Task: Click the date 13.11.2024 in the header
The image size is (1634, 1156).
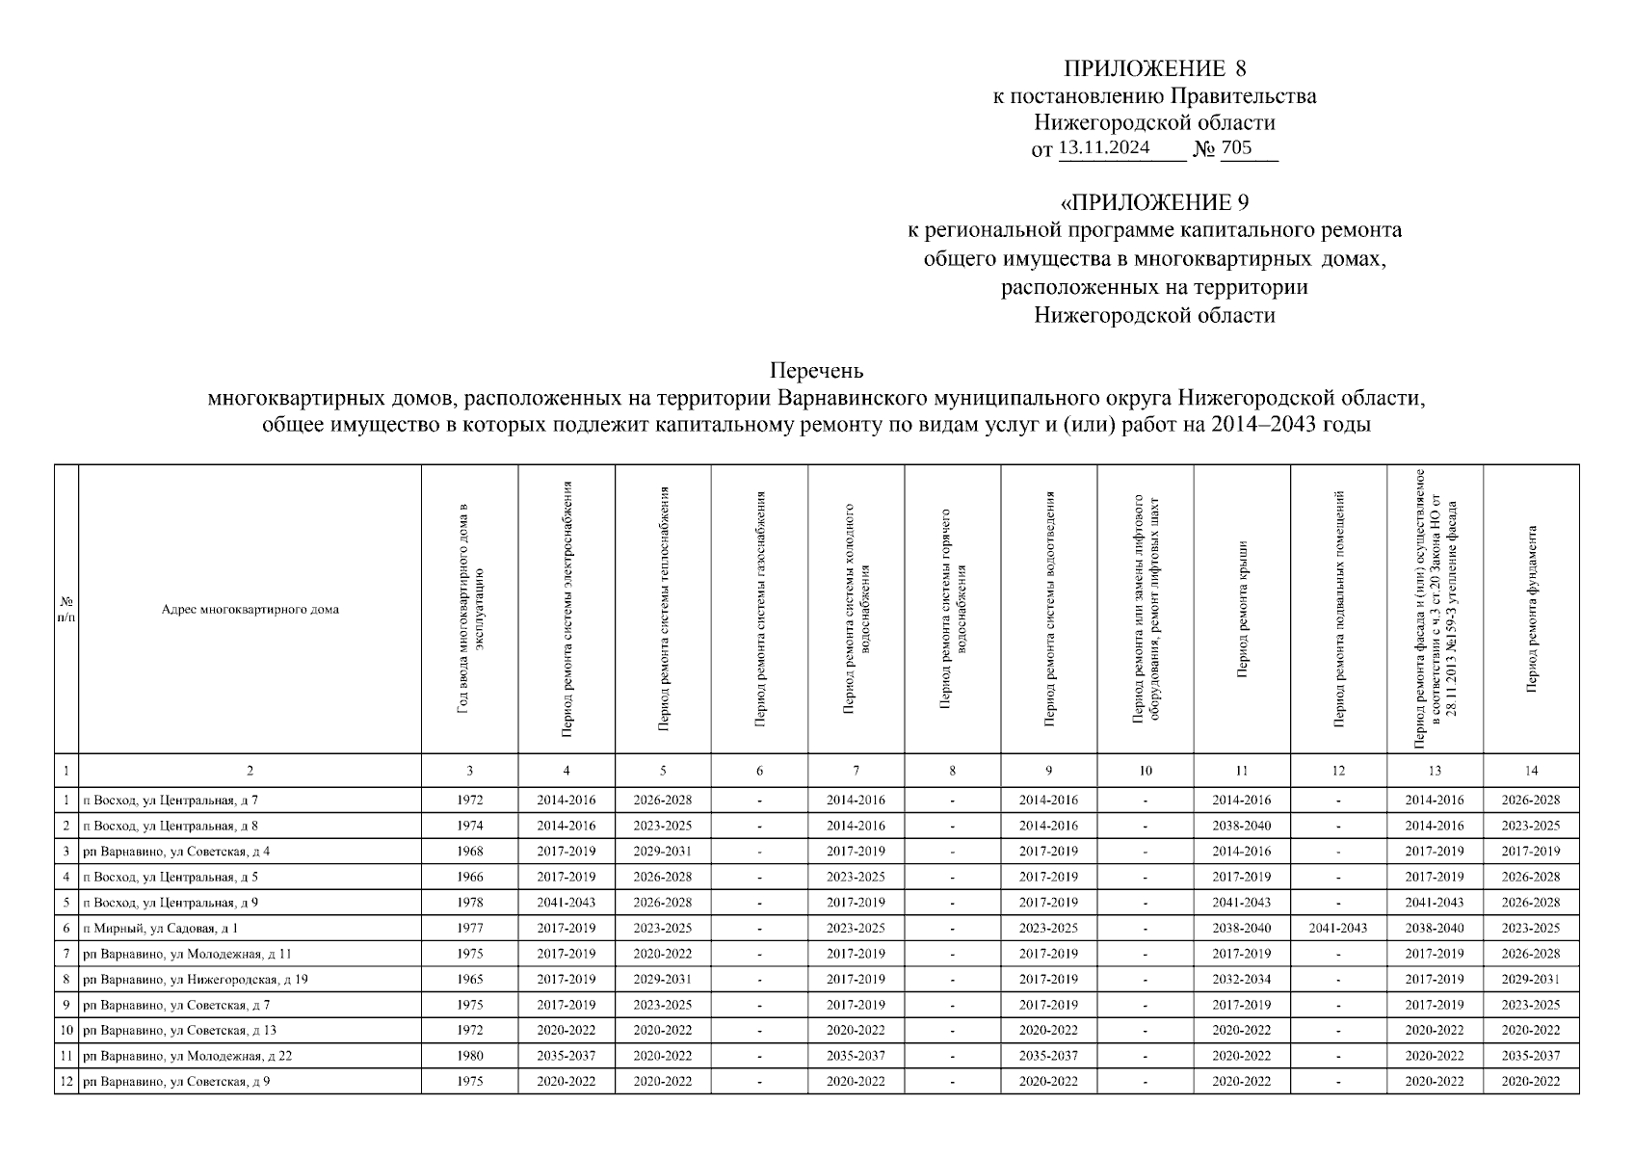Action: point(1104,147)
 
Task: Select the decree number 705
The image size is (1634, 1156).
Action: point(1236,147)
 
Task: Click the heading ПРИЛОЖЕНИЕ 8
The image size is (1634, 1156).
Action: point(1154,68)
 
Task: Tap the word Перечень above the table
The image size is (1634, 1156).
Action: point(816,371)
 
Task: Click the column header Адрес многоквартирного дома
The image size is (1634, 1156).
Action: point(250,609)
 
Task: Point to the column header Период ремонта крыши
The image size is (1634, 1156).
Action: point(1242,609)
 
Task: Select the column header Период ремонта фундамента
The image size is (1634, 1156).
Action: point(1531,609)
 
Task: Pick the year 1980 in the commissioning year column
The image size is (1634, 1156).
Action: point(470,1056)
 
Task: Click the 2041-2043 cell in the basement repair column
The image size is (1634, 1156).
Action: point(1338,929)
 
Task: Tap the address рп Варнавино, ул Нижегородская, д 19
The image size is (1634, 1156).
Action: point(196,980)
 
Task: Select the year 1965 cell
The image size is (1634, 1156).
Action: point(470,980)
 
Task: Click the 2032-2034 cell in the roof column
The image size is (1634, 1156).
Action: point(1242,980)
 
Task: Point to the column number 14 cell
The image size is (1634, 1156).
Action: point(1531,771)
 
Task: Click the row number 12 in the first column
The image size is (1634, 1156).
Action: point(66,1082)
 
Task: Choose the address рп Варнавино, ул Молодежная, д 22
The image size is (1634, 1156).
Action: point(188,1056)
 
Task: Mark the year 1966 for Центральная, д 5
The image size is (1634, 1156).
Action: point(470,878)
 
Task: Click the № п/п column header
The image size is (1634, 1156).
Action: point(66,609)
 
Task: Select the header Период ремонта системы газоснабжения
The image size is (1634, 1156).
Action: point(760,609)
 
